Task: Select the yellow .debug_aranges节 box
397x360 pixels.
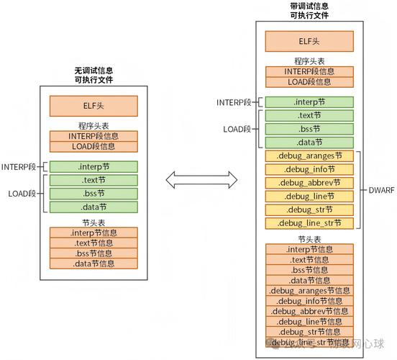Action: coord(309,156)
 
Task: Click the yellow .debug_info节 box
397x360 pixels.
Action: coord(309,169)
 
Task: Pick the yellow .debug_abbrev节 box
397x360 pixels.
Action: coord(309,183)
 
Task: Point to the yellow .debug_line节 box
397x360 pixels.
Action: coord(309,196)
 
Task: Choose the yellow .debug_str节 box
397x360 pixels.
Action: coord(309,210)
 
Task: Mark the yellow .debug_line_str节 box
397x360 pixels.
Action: coord(309,223)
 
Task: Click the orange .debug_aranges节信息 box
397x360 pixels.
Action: coord(309,291)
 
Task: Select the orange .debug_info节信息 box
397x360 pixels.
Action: coord(309,301)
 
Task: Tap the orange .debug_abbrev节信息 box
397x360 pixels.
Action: coord(309,312)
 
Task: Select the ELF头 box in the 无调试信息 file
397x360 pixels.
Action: coord(93,107)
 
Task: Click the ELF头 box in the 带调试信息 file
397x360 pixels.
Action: coord(309,41)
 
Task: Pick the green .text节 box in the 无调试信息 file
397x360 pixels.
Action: coord(93,180)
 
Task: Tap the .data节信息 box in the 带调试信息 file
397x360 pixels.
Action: coord(309,280)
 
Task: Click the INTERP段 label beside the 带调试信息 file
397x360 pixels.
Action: coord(234,102)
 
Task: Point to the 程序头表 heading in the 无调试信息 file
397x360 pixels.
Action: coord(93,126)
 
